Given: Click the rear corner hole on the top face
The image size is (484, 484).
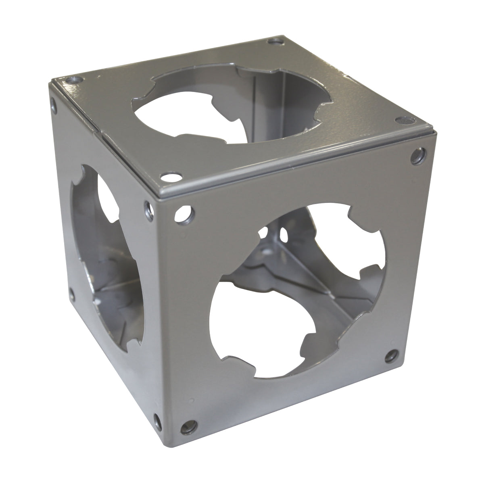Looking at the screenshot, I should click(275, 41).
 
